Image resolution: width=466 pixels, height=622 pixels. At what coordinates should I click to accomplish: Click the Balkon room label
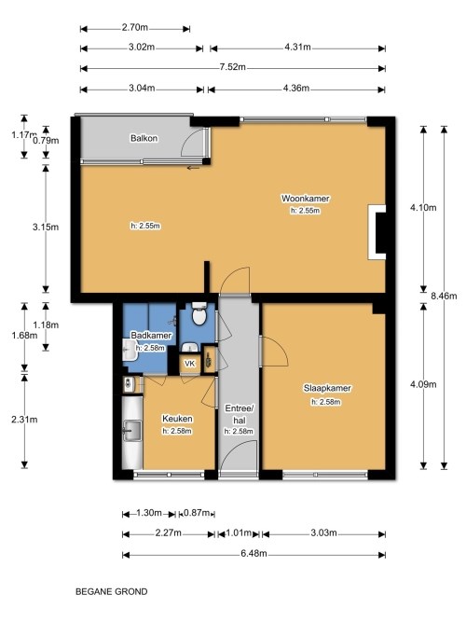point(144,138)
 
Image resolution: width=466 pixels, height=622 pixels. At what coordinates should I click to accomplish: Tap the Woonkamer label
point(306,198)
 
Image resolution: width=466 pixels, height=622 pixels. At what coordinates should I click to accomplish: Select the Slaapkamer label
point(327,388)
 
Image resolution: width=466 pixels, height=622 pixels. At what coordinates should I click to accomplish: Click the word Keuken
point(177,419)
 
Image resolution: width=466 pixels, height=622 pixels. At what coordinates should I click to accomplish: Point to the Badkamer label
point(151,335)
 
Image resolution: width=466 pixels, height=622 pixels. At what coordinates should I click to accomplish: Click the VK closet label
point(190,364)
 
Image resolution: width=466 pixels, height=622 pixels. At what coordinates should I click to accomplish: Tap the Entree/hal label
point(240,414)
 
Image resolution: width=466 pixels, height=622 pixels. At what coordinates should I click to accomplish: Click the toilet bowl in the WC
point(199,314)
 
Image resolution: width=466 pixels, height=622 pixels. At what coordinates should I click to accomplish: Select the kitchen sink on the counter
point(131,431)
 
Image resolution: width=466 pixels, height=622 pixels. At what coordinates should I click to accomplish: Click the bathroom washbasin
point(129,350)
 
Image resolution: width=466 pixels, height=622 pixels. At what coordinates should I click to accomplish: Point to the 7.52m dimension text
point(233,67)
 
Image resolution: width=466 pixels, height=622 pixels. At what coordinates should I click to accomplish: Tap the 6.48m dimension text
point(254,553)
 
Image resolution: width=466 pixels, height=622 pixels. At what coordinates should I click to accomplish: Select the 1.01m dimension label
point(239,532)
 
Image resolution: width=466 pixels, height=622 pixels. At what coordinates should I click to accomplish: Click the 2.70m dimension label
point(135,27)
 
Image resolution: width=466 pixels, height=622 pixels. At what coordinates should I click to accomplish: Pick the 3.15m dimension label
point(46,227)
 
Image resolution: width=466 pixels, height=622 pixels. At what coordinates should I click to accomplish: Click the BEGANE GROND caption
point(112,592)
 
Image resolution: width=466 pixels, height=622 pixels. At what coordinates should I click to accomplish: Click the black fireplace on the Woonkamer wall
point(380,232)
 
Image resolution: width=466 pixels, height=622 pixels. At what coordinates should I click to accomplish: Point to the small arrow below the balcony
point(194,168)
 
